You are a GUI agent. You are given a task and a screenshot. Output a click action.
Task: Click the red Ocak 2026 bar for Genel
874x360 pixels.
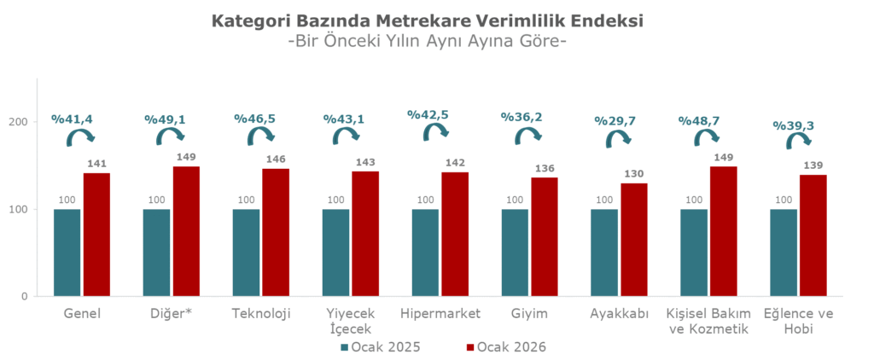(x=96, y=235)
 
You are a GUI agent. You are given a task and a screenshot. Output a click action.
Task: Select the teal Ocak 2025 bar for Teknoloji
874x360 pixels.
(x=246, y=253)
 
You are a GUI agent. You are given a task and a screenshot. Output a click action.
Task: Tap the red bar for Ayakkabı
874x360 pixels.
(x=634, y=240)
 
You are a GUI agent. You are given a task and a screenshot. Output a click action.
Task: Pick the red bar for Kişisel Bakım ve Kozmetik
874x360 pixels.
(x=724, y=231)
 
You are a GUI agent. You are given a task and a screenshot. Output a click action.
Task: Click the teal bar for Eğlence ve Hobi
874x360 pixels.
(x=784, y=253)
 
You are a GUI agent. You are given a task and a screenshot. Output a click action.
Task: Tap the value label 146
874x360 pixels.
(x=277, y=160)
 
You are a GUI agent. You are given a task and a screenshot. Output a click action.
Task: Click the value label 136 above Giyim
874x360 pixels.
(x=545, y=168)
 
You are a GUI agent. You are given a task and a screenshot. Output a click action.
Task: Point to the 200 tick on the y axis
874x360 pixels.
(x=25, y=122)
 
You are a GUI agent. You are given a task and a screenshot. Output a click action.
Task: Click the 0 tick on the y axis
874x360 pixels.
(x=30, y=297)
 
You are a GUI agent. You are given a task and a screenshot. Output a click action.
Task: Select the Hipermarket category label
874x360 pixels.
(x=440, y=313)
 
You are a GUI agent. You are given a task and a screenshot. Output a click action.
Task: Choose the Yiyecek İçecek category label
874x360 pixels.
(x=351, y=321)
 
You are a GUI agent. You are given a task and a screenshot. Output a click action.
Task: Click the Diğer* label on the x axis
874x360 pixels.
(x=172, y=313)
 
